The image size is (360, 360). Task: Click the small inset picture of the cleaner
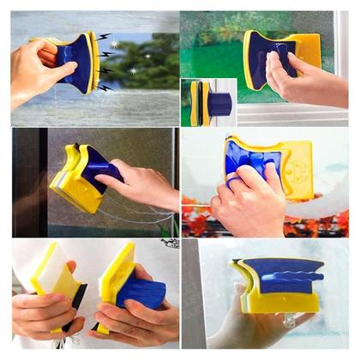(x=207, y=102)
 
